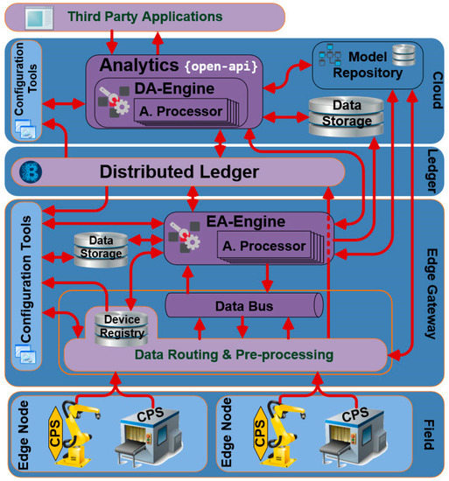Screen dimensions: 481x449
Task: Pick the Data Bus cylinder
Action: point(246,306)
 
